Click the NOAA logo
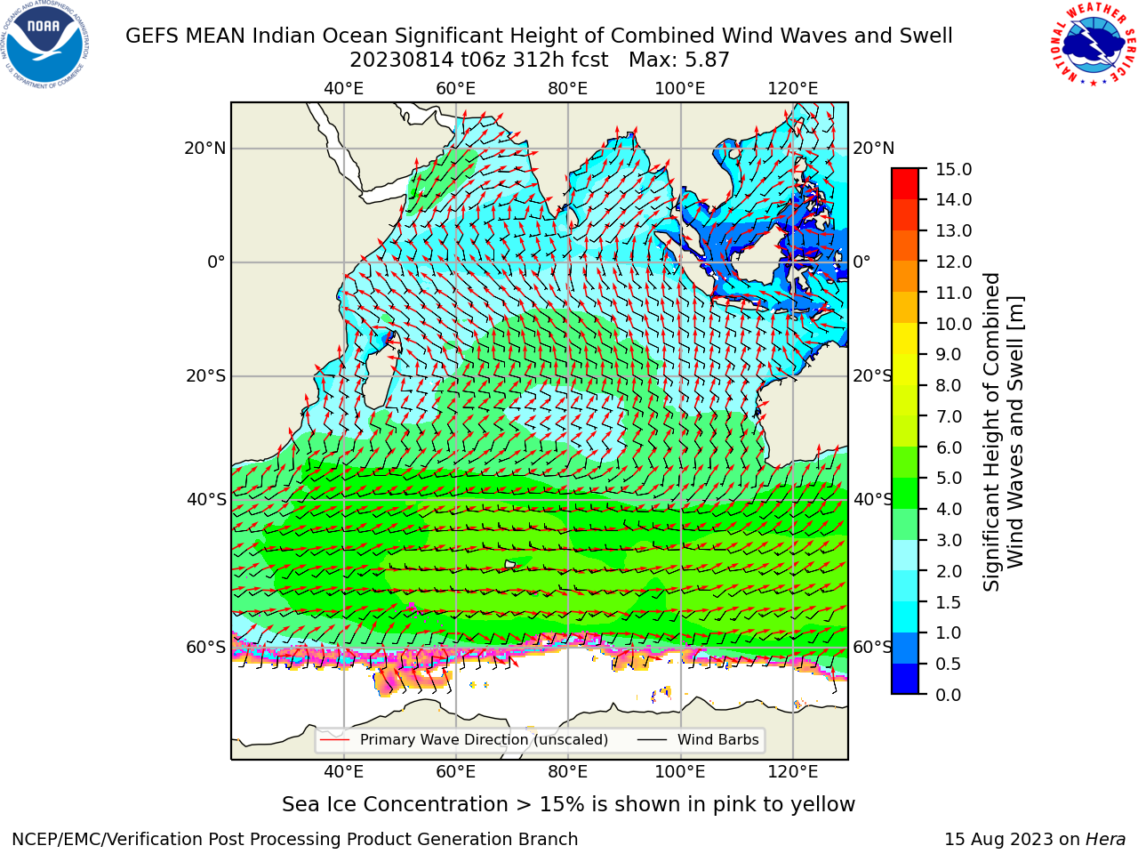coord(44,44)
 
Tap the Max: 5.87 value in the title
coord(678,60)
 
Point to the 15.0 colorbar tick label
coord(953,169)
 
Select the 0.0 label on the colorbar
coord(949,695)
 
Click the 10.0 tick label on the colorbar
coord(953,324)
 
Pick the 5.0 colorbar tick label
coord(949,478)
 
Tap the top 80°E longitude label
coord(568,89)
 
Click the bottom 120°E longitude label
coord(793,771)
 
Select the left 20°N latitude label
coord(205,149)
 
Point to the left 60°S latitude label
coord(206,648)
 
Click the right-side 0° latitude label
coord(862,262)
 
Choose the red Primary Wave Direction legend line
coord(334,739)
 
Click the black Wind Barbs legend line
coord(652,739)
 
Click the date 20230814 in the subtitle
coord(402,60)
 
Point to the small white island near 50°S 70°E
coord(510,564)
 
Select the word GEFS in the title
coord(152,36)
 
